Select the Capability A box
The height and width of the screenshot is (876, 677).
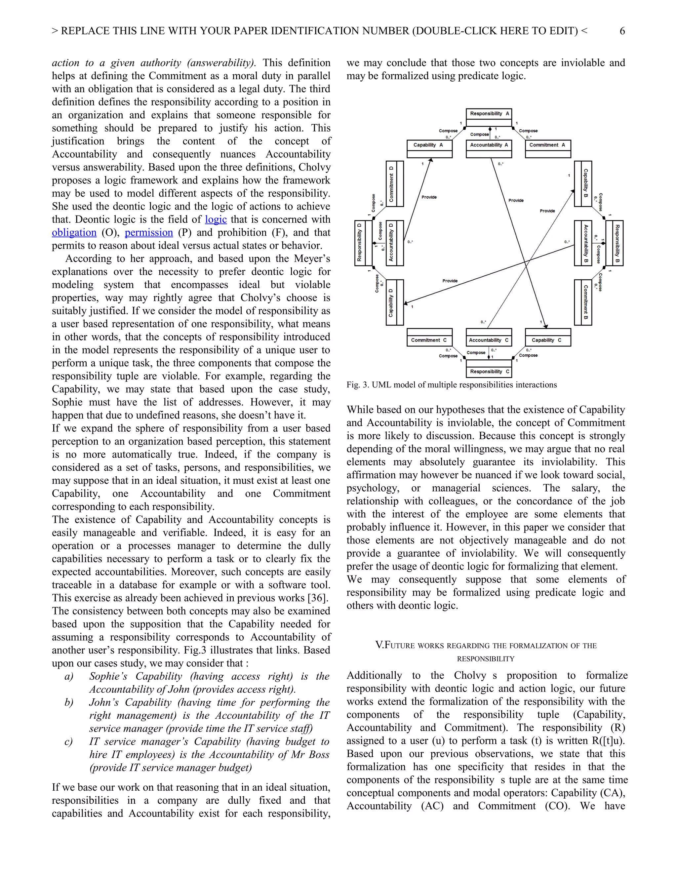[429, 148]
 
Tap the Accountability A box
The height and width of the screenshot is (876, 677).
[489, 148]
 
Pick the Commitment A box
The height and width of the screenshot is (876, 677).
[548, 148]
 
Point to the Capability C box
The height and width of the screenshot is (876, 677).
[548, 337]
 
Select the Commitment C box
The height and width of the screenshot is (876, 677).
[429, 337]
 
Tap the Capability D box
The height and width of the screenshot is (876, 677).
[395, 302]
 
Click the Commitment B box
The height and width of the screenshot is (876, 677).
[583, 302]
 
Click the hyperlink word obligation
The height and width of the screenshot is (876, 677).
[74, 233]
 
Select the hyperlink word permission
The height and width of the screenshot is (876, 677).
[149, 233]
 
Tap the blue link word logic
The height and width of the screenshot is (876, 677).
[216, 219]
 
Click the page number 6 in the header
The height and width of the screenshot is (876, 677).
[622, 31]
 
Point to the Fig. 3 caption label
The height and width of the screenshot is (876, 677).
[357, 385]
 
